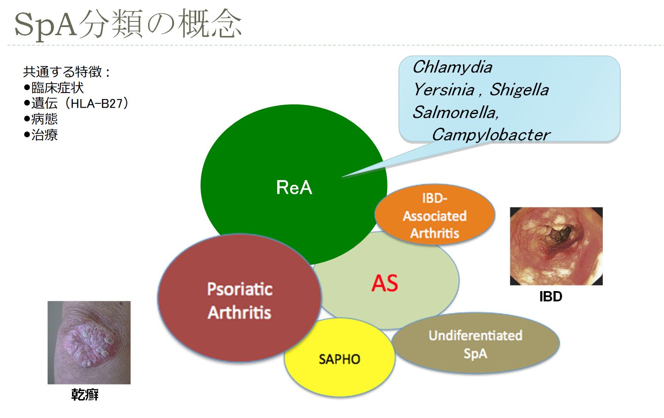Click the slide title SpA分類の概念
pos(128,24)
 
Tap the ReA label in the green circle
pos(294,187)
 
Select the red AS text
pos(384,283)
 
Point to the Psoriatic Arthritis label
pos(239,301)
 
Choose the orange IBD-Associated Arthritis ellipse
pos(434,216)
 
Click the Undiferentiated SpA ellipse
pos(475,344)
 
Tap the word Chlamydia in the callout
pos(452,67)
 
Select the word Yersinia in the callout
pos(443,90)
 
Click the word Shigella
pos(519,90)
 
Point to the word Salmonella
pos(455,112)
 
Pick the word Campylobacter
pos(491,135)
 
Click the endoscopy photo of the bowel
pos(556,246)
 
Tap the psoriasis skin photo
pos(89,342)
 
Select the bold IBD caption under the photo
pos(550,297)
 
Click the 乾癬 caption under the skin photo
pos(85,394)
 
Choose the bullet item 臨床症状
pos(57,87)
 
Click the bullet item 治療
pos(45,135)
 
